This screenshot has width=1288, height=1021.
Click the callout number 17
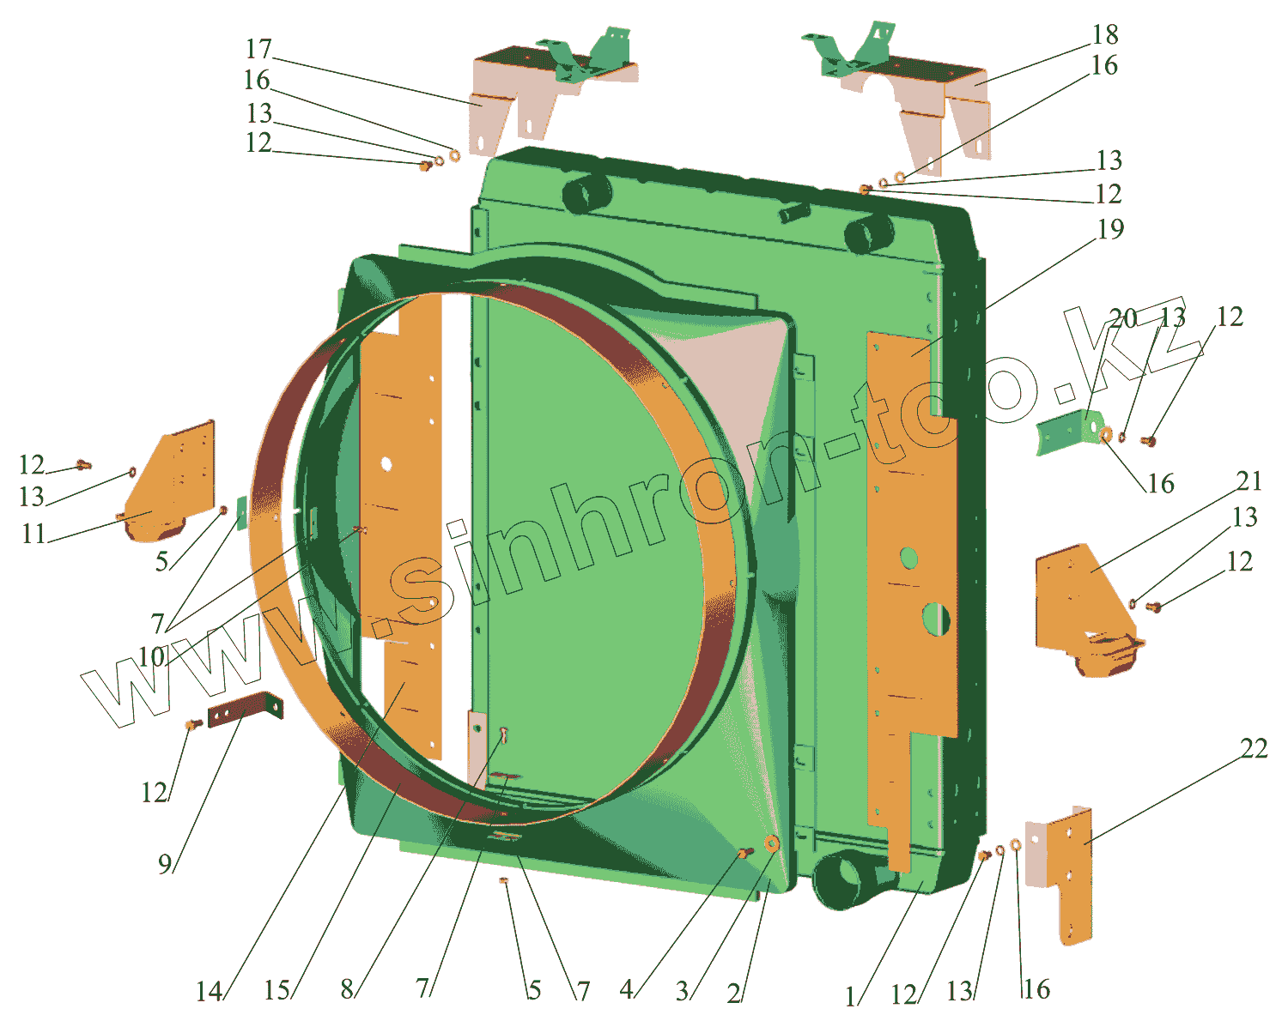[x=258, y=49]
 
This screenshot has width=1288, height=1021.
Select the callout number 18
[x=1105, y=34]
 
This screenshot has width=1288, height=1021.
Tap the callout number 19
[x=1110, y=229]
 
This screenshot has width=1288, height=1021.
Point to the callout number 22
[x=1254, y=749]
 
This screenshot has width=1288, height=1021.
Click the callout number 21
[x=1249, y=482]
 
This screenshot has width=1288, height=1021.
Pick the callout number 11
[x=33, y=534]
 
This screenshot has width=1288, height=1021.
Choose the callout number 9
[x=165, y=864]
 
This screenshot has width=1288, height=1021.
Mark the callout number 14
[x=209, y=992]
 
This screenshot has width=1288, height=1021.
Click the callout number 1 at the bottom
[x=850, y=996]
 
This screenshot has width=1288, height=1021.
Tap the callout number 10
[x=151, y=657]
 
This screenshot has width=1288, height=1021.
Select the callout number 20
[x=1123, y=318]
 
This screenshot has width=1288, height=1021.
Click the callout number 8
[x=346, y=989]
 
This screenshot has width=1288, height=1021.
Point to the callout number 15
[x=276, y=990]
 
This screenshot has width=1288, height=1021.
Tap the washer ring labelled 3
[x=770, y=844]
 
